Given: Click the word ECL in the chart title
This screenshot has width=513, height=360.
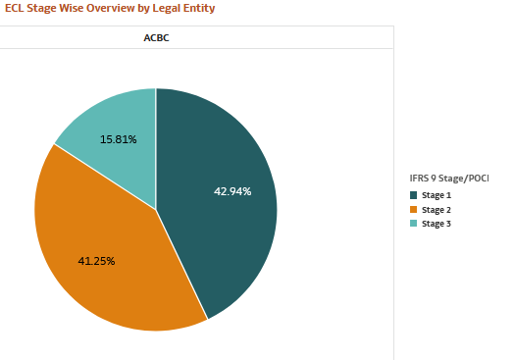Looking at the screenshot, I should tap(16, 8).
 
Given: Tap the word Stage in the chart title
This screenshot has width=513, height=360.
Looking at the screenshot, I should tap(45, 8).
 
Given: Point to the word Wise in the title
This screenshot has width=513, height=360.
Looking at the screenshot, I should tap(77, 8).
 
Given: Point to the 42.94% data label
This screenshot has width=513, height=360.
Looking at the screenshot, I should tap(232, 191).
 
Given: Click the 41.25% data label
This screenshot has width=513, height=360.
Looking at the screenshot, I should tap(96, 261).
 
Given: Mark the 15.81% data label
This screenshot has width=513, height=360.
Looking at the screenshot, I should tap(119, 139).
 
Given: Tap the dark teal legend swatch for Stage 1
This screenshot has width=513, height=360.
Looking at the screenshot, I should tap(414, 195).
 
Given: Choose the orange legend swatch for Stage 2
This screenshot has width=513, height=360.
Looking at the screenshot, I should tap(414, 209).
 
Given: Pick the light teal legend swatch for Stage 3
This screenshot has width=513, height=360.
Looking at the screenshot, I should tap(414, 223).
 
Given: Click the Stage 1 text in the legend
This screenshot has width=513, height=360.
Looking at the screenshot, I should tap(436, 195).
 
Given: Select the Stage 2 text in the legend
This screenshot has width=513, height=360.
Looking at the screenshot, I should tap(436, 209).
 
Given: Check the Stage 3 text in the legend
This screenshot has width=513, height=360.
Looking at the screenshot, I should tap(436, 223).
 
